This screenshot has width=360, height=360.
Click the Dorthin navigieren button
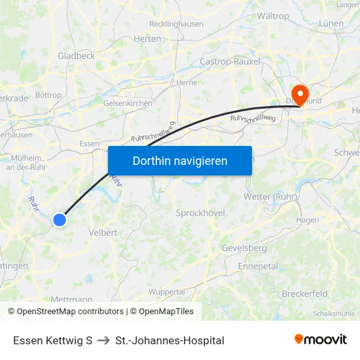pos(180,160)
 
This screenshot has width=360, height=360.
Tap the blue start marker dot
pos(60,220)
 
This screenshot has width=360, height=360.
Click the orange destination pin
pos(300,94)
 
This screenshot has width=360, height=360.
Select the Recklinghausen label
pos(176,24)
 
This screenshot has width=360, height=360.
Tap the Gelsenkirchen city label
pos(128,103)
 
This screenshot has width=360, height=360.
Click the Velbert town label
pos(102,232)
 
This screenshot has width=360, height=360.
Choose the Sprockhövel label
pos(200,213)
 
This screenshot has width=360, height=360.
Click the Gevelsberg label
pos(244,248)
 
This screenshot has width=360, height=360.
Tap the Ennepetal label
pos(258,266)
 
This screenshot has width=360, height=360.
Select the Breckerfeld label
pos(304,294)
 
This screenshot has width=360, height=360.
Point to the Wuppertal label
pos(167,291)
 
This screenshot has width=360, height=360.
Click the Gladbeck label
pos(77,56)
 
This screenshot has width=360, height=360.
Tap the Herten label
pos(147,39)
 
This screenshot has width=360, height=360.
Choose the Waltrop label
pos(274,16)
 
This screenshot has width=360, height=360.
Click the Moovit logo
pos(321,340)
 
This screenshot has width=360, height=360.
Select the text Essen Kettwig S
pos(52,340)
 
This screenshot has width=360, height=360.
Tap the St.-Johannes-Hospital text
pos(170,340)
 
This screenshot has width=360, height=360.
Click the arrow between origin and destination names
pos(103,340)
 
